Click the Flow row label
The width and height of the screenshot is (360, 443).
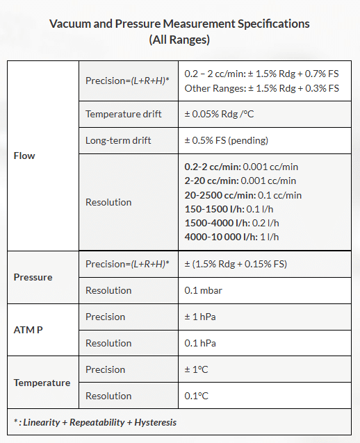click(24, 156)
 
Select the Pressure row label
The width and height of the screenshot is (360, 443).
click(33, 277)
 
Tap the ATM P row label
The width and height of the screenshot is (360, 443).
click(28, 330)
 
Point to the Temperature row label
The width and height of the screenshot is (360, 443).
click(42, 383)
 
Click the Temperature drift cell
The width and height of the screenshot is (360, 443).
click(123, 114)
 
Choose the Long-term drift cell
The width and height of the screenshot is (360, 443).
click(118, 140)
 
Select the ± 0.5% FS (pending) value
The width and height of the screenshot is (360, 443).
click(226, 140)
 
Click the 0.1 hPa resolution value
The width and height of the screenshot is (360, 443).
click(199, 343)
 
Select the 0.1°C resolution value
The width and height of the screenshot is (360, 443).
click(197, 396)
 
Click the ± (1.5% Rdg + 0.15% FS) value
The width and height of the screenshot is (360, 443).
click(236, 264)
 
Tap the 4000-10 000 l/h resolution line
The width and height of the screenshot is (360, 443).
click(231, 237)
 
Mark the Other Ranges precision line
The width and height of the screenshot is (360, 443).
click(261, 88)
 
